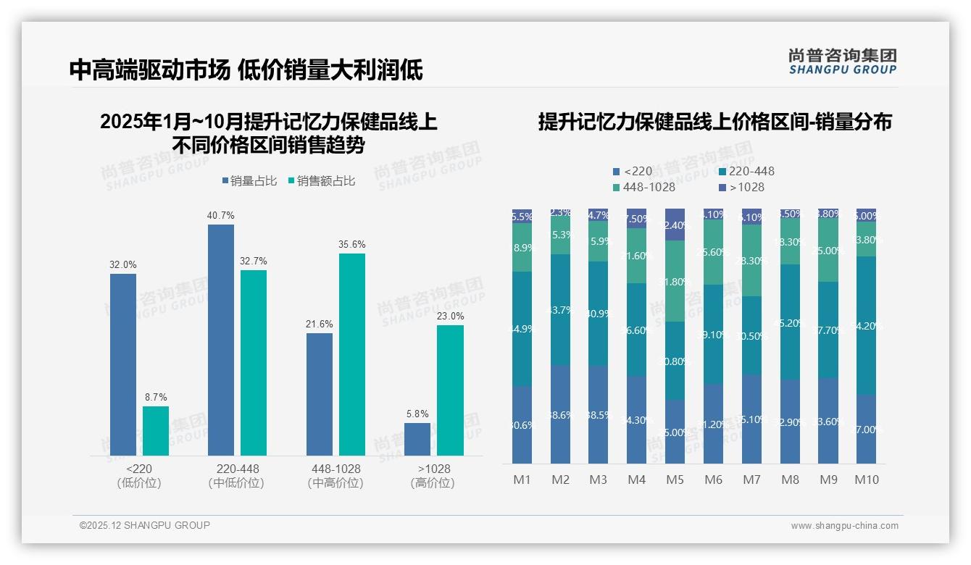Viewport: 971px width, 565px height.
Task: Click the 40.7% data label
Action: click(221, 216)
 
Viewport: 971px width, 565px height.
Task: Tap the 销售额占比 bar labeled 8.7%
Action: click(156, 430)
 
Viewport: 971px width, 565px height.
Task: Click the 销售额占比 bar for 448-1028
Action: click(352, 354)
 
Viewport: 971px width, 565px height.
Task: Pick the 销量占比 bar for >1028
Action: click(417, 439)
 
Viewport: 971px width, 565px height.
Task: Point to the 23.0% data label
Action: click(450, 317)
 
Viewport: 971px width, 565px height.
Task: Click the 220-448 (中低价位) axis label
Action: click(238, 476)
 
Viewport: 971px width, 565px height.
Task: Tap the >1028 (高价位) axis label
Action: click(433, 476)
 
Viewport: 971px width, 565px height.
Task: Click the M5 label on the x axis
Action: click(675, 480)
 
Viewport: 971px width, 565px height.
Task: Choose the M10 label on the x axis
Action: click(867, 480)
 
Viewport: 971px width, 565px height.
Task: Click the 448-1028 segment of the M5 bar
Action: click(675, 281)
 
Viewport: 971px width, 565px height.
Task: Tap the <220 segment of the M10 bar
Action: click(866, 429)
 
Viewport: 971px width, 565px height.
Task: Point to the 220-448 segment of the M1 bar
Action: click(522, 329)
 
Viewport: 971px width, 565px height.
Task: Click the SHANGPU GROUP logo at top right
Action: click(842, 62)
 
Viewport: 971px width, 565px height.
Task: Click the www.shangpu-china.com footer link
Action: click(844, 526)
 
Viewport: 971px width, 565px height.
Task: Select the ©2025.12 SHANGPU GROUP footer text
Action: click(145, 526)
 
